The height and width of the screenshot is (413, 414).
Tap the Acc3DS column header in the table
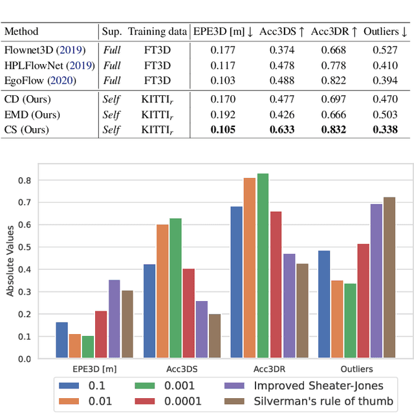click(281, 31)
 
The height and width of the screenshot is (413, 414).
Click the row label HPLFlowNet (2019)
click(49, 65)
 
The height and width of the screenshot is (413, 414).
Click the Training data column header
click(157, 31)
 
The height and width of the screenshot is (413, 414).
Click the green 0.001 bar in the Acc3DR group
click(263, 266)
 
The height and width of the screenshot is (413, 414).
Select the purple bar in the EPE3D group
click(114, 319)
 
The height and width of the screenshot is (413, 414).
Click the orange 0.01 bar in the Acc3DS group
click(162, 292)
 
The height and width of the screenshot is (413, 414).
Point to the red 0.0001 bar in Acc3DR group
click(276, 285)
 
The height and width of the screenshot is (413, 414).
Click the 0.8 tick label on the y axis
click(25, 181)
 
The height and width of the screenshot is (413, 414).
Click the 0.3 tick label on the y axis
click(25, 292)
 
